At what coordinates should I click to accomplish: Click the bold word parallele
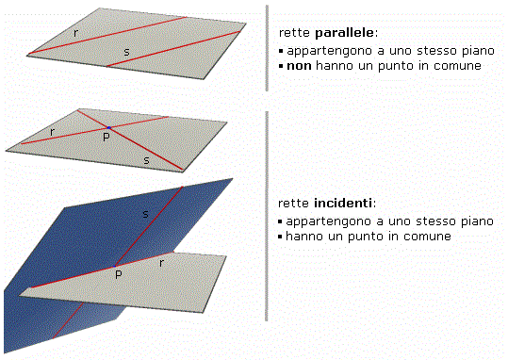[x=345, y=33]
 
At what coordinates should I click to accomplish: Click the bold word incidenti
[x=343, y=204]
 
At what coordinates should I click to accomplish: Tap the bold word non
[x=299, y=66]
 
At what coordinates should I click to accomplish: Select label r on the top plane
[x=75, y=33]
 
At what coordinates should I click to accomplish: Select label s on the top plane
[x=126, y=52]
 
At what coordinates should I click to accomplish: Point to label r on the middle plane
[x=52, y=132]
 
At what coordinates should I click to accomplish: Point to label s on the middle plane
[x=146, y=160]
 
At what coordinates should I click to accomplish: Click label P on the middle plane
[x=107, y=137]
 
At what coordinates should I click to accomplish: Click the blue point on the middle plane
[x=109, y=128]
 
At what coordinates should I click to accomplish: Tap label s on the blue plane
[x=146, y=214]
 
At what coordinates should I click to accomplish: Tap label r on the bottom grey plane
[x=161, y=263]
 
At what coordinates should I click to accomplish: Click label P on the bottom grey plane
[x=119, y=274]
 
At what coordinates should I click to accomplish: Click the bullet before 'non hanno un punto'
[x=281, y=66]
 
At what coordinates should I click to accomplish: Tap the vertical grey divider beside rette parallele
[x=267, y=48]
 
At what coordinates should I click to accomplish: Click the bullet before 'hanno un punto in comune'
[x=280, y=237]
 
